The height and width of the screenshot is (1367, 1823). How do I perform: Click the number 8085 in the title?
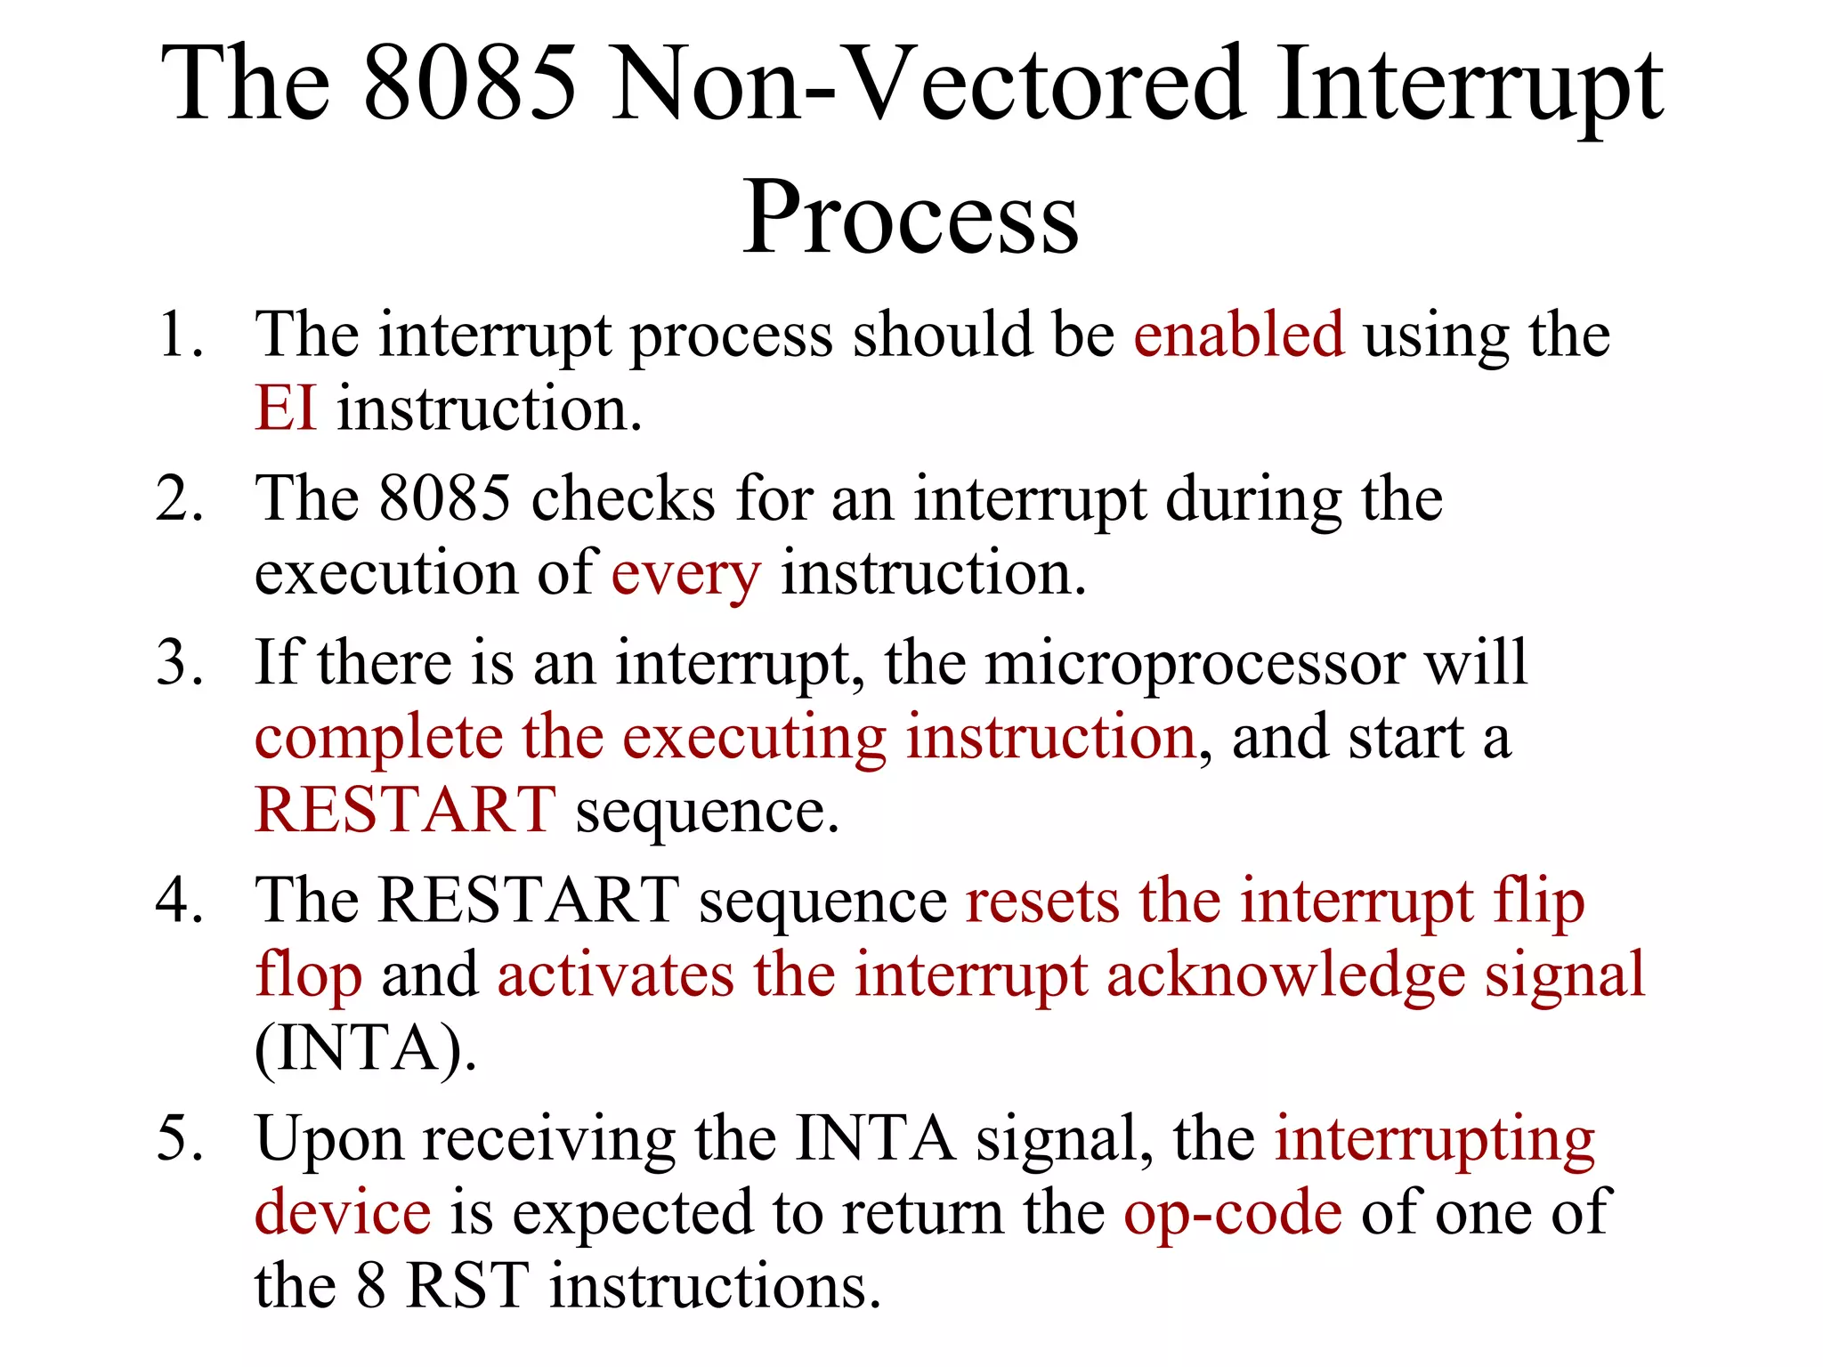[x=471, y=85]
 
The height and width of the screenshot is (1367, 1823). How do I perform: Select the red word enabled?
[x=1238, y=336]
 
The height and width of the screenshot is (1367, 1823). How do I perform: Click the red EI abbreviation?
[x=285, y=409]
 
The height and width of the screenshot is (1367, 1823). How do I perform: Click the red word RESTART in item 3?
[x=405, y=811]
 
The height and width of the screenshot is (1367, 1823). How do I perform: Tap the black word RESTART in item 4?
[x=529, y=902]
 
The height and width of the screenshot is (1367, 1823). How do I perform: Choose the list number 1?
[x=178, y=336]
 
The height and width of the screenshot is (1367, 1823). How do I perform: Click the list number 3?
[x=178, y=664]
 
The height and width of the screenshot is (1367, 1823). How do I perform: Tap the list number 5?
[x=178, y=1139]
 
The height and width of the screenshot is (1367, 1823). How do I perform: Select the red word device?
[x=343, y=1213]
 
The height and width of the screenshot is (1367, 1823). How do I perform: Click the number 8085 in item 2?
[x=444, y=499]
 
